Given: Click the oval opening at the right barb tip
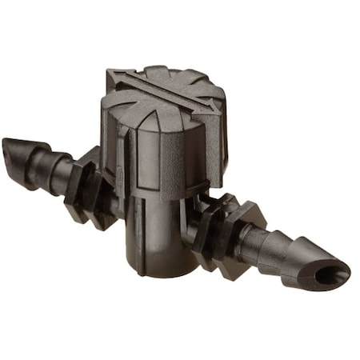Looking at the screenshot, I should [329, 276].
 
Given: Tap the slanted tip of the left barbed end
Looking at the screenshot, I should [14, 148].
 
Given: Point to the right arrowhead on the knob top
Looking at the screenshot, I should [214, 112].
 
